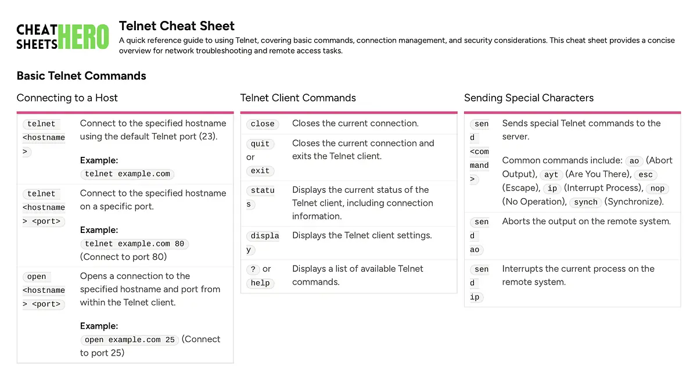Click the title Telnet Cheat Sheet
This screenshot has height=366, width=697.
click(177, 26)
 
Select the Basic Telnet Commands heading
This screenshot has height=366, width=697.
click(81, 76)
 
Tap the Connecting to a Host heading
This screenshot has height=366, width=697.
click(67, 98)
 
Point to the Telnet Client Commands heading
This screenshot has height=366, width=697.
click(298, 98)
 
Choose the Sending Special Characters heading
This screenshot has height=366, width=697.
click(529, 98)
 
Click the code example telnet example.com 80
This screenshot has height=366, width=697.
click(134, 244)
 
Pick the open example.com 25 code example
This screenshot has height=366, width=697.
click(130, 340)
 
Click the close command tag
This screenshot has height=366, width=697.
click(263, 124)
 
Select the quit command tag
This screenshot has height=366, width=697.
click(260, 143)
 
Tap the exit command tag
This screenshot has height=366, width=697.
click(260, 171)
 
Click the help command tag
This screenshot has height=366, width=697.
click(260, 283)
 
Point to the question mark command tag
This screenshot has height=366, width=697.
click(253, 269)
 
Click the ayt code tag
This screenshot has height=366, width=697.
click(551, 175)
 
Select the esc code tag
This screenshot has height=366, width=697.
click(645, 175)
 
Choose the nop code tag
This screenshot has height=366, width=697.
click(658, 189)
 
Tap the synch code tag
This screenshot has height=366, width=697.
click(585, 202)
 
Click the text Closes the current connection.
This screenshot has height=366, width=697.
click(355, 123)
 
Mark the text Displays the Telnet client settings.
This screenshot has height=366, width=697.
click(362, 235)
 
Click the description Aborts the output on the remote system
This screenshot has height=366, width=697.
click(586, 221)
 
